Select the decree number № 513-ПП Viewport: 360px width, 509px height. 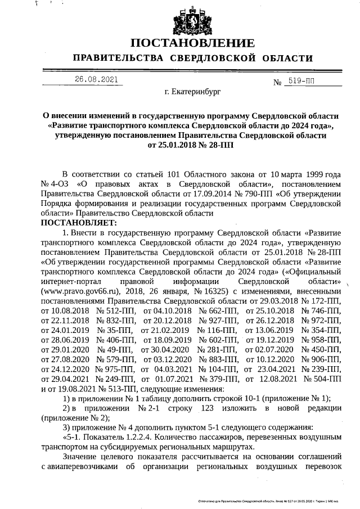coord(110,388)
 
